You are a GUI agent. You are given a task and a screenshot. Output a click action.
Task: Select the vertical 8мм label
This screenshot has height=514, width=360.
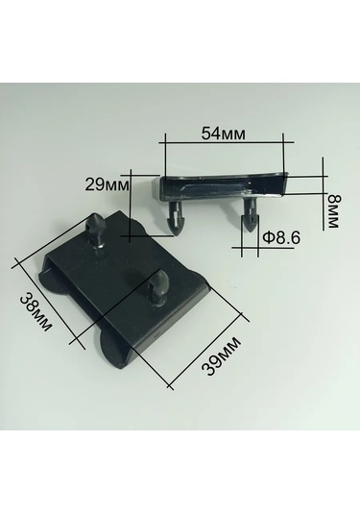(332, 210)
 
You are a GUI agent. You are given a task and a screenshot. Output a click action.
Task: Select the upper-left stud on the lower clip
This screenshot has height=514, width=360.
(97, 228)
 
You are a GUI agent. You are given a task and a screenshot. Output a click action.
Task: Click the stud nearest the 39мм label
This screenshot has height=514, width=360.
(159, 285)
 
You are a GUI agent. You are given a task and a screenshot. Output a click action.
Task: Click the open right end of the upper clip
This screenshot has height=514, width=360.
(279, 184)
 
